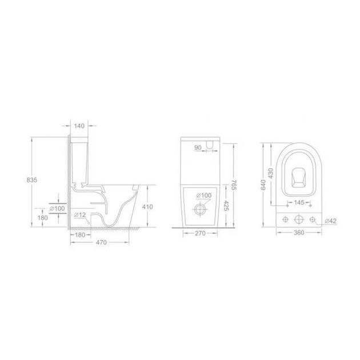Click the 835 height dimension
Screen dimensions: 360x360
coord(31,180)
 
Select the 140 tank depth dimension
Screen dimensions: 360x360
coord(79,126)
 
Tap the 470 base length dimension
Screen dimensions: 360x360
coord(101,242)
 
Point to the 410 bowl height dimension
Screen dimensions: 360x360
coord(147,207)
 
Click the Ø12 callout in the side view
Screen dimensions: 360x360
coord(80,215)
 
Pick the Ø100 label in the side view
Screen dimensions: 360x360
coord(57,209)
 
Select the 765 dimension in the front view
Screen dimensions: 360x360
coord(234,185)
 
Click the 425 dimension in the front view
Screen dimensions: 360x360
coord(226,206)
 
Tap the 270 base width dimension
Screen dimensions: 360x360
coord(200,233)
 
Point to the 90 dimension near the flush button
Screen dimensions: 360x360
coord(198,147)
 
